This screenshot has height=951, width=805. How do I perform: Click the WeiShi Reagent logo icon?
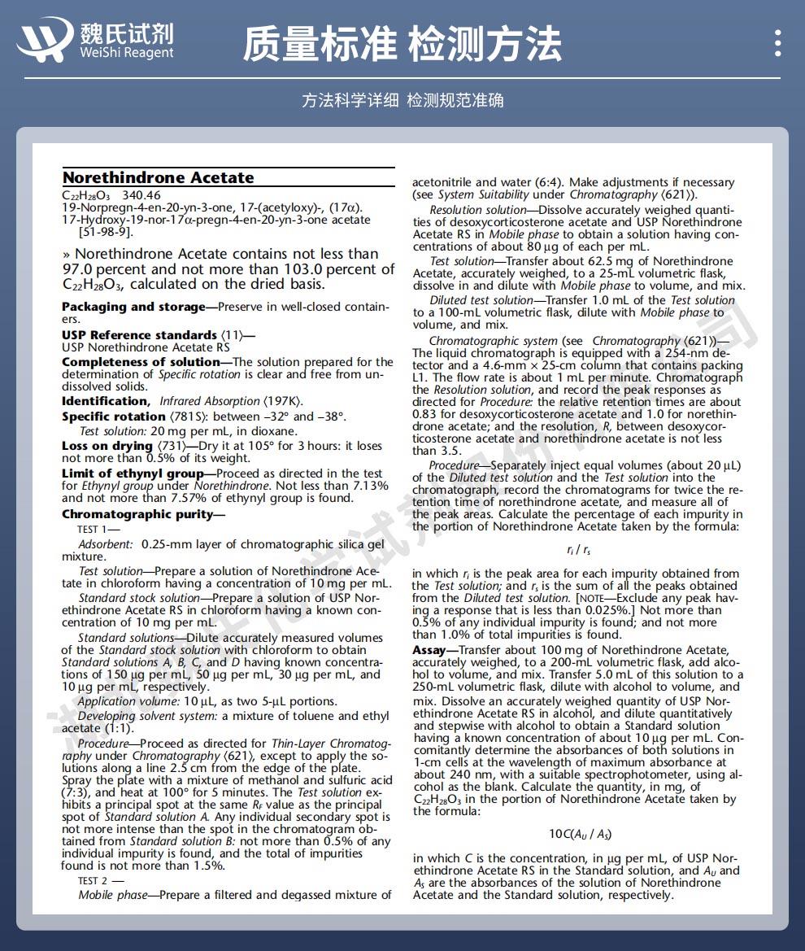point(46,39)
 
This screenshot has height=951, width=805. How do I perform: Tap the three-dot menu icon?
point(778,43)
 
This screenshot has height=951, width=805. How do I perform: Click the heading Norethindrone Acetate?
point(159,177)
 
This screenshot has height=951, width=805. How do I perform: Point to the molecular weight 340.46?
point(141,196)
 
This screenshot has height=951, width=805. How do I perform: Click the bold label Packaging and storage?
point(133,307)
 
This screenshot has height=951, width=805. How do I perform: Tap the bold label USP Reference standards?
point(139,335)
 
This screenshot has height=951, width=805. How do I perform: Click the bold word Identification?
point(103,401)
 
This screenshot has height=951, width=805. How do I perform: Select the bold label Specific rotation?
point(114,417)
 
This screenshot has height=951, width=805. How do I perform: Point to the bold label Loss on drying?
point(107,446)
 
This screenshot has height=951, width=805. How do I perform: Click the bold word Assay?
point(429,650)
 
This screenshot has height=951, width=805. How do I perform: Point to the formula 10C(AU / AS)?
point(580,834)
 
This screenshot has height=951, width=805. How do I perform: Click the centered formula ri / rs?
point(579,550)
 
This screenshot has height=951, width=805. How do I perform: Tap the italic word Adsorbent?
point(105,544)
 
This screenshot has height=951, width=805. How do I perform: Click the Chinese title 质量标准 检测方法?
point(402,43)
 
